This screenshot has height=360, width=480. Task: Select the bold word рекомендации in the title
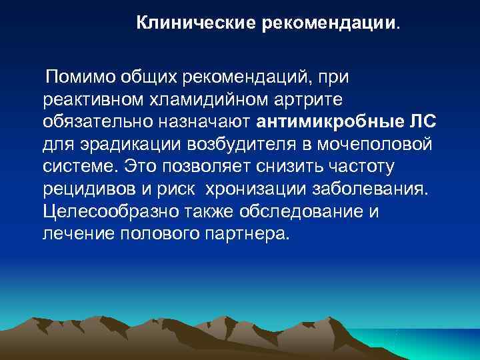click(x=321, y=24)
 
